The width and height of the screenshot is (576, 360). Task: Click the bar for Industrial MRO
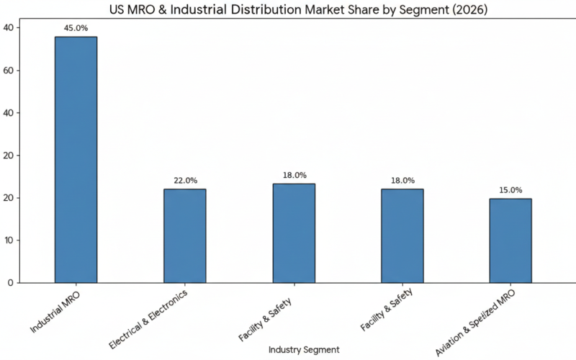[x=76, y=160]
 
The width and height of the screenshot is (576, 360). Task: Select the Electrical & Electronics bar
[x=184, y=235]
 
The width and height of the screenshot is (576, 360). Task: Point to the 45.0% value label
[x=76, y=29]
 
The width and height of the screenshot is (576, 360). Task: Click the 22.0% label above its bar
[x=185, y=181]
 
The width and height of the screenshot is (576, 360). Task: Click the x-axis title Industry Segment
[x=304, y=349]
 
